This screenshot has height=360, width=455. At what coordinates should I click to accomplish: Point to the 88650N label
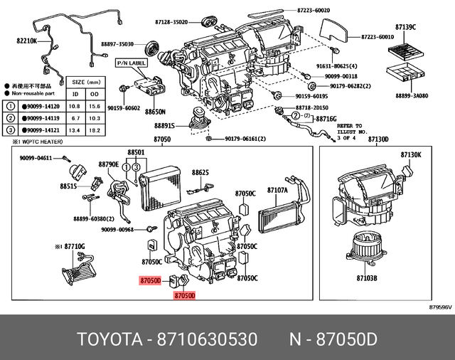click(156, 112)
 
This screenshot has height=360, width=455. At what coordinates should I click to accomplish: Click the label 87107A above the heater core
click(277, 191)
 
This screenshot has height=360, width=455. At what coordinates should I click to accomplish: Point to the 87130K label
click(411, 154)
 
